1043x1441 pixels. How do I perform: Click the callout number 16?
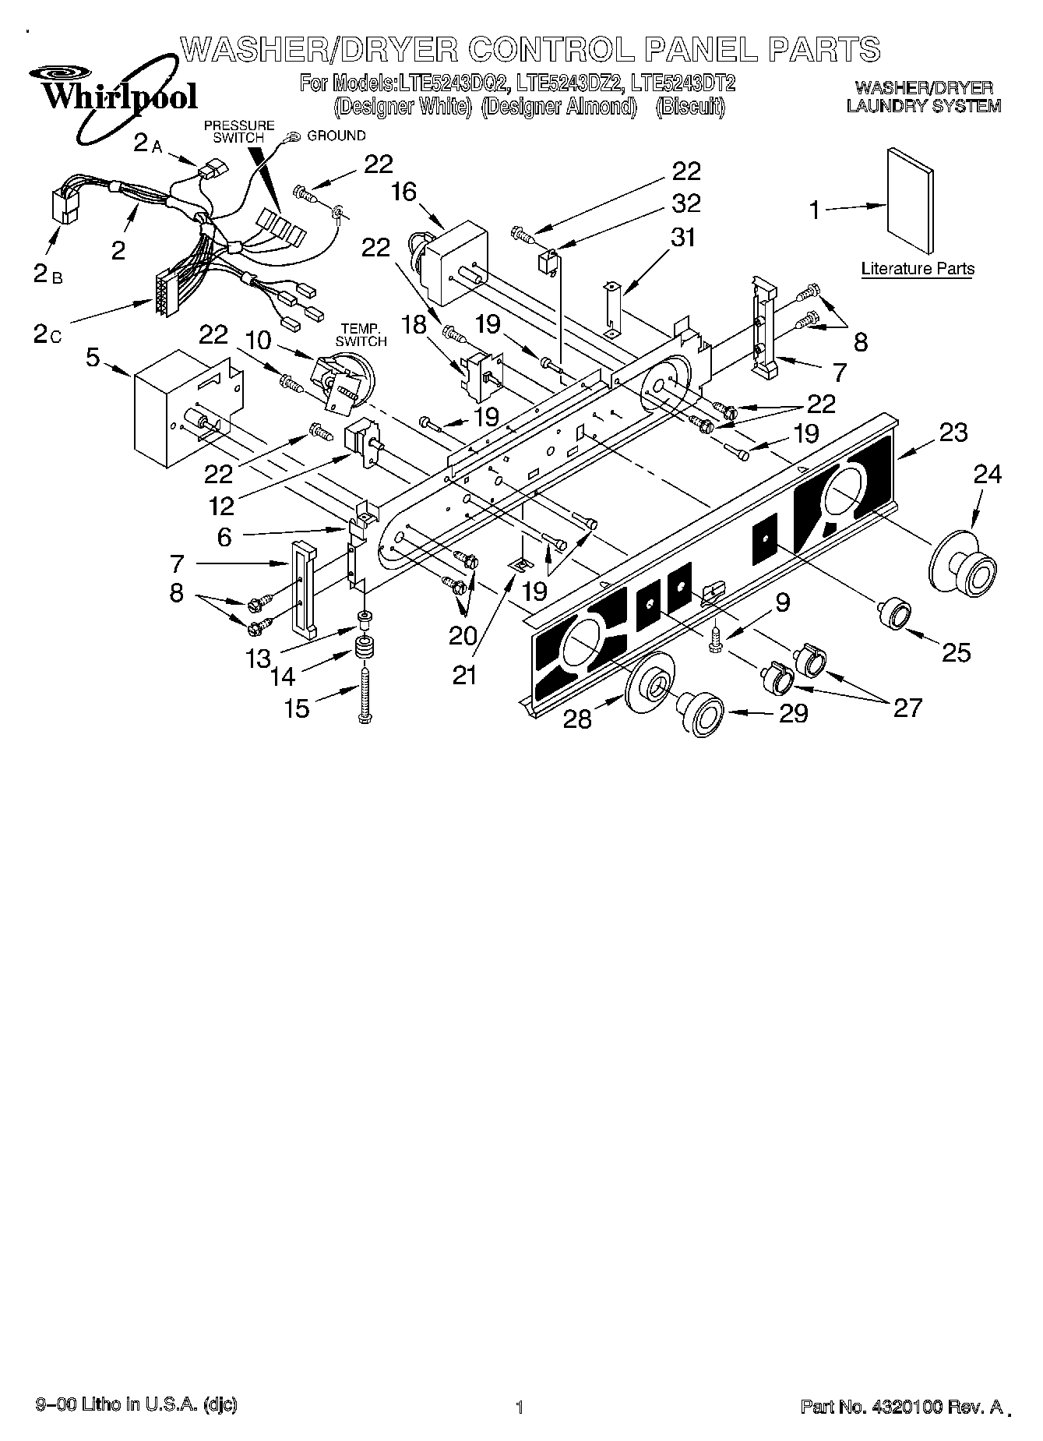tap(404, 192)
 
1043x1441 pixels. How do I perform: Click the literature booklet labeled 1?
tap(910, 200)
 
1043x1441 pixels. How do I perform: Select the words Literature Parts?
tap(918, 270)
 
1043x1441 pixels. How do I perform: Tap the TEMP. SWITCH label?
tap(361, 335)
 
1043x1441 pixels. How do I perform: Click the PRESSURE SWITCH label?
tap(239, 131)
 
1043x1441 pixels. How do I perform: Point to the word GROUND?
tap(337, 136)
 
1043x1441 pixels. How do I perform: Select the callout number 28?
tap(577, 719)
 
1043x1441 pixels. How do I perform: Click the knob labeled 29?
tap(700, 712)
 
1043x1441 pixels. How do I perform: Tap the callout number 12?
tap(222, 506)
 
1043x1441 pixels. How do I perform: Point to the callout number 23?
tap(953, 433)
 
